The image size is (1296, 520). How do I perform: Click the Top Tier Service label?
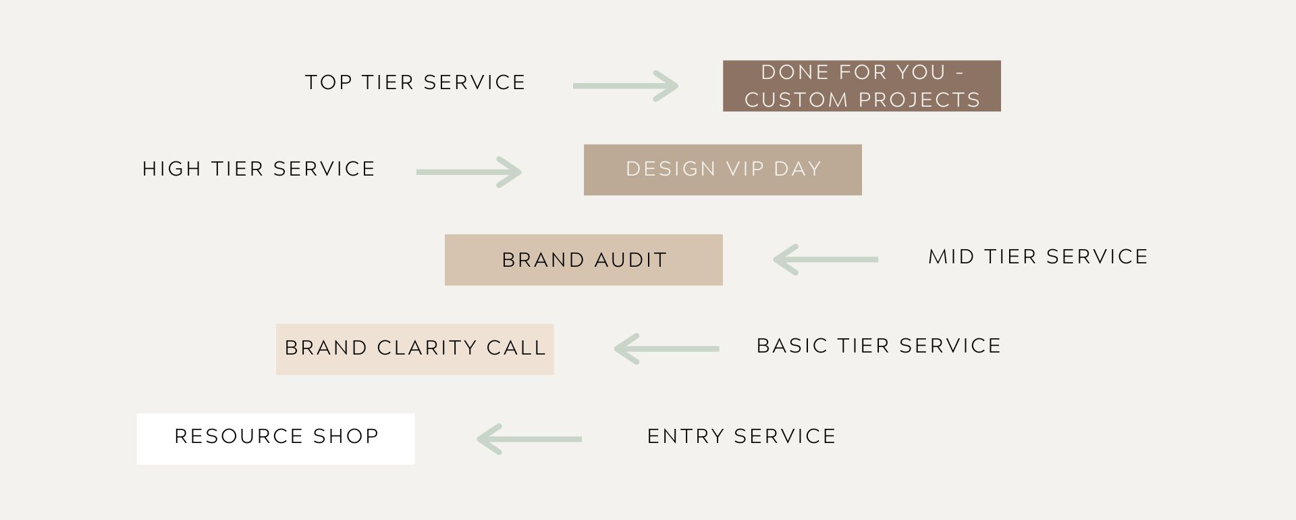pos(415,82)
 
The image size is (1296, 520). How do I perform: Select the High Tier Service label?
pos(259,169)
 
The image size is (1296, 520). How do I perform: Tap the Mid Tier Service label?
pos(1038,257)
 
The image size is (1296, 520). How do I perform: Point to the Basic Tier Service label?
pos(879,346)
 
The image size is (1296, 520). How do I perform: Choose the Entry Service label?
pos(741,436)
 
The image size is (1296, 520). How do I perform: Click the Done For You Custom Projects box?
pos(861,86)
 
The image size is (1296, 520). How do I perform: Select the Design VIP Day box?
pos(722,170)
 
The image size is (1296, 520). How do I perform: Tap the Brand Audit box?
pos(583,260)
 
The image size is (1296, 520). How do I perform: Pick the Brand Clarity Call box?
pos(414,349)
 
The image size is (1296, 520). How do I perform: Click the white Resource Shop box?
pos(275,438)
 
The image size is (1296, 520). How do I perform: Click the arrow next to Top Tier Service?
pos(625,86)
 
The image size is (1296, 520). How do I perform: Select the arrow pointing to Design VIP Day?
pos(468,172)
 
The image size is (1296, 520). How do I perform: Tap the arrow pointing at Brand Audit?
pos(826,259)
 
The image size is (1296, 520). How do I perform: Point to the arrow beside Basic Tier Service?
pos(666,348)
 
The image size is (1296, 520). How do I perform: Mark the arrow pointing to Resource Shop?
pos(529,439)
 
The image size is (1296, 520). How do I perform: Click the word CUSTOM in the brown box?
pos(796,100)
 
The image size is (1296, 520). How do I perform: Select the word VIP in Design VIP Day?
pos(745,169)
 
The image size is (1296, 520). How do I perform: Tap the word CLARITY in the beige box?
pos(427,348)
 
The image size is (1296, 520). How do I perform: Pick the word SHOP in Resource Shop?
pos(346,436)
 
